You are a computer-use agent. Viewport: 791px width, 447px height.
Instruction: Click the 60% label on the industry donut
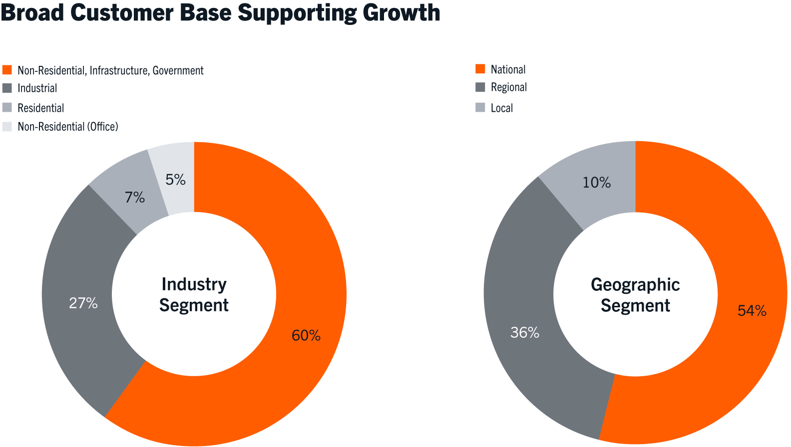pyautogui.click(x=306, y=335)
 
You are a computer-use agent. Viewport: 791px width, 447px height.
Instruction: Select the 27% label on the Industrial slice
pyautogui.click(x=83, y=303)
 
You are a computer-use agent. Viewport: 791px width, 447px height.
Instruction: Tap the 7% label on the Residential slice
pyautogui.click(x=135, y=198)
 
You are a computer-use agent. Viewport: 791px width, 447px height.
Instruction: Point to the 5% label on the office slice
pyautogui.click(x=176, y=180)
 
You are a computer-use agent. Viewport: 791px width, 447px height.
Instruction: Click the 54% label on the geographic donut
pyautogui.click(x=752, y=311)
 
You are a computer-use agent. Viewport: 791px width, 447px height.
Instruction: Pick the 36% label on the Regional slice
pyautogui.click(x=524, y=332)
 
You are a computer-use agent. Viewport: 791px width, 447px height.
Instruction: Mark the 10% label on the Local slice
pyautogui.click(x=597, y=183)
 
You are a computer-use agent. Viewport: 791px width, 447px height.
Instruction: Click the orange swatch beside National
pyautogui.click(x=480, y=69)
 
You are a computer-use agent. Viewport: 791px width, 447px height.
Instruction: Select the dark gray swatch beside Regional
pyautogui.click(x=480, y=87)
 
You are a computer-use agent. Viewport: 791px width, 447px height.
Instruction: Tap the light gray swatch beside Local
pyautogui.click(x=480, y=107)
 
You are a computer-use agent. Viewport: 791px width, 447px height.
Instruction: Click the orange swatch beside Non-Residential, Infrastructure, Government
pyautogui.click(x=7, y=70)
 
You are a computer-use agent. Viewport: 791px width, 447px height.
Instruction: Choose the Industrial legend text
pyautogui.click(x=37, y=88)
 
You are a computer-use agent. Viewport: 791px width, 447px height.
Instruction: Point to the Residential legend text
pyautogui.click(x=41, y=108)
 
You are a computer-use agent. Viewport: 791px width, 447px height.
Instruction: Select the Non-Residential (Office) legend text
pyautogui.click(x=68, y=127)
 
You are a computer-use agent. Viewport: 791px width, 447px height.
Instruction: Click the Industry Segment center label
pyautogui.click(x=194, y=294)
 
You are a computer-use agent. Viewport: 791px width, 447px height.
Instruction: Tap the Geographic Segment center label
pyautogui.click(x=635, y=295)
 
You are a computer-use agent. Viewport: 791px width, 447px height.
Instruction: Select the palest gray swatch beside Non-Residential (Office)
pyautogui.click(x=7, y=126)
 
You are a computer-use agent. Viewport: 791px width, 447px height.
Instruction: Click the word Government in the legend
pyautogui.click(x=178, y=70)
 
